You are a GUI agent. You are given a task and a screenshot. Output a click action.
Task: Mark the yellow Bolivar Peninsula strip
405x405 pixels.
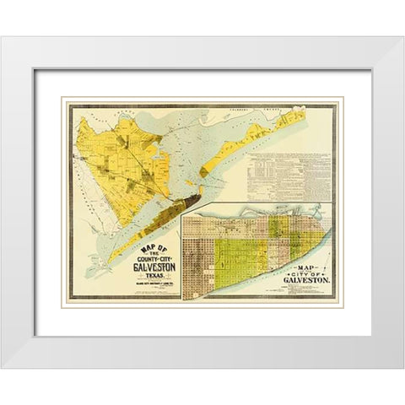(245, 152)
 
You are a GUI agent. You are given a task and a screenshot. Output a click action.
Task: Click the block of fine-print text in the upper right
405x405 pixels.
(287, 169)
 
